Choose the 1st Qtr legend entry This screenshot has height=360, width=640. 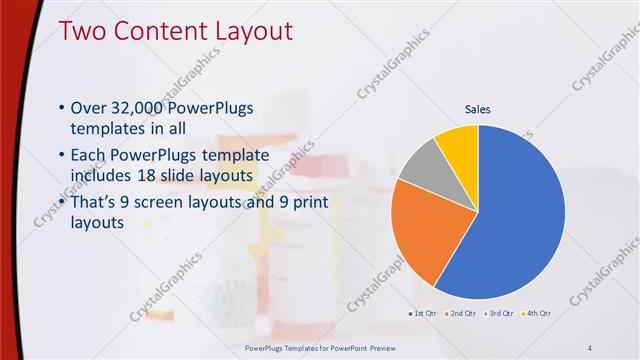[423, 313]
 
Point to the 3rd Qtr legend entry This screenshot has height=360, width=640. [499, 313]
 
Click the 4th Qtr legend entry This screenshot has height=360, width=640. [536, 313]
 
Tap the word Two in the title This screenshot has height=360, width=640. [81, 31]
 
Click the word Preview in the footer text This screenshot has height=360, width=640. [366, 348]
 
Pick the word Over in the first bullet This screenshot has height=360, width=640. [90, 109]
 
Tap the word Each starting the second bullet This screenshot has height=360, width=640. [89, 156]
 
